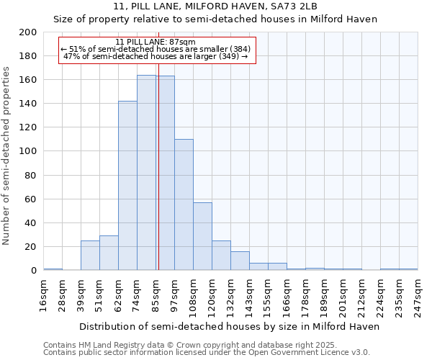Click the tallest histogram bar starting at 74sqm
(146, 173)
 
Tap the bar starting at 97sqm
(184, 204)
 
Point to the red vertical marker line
(158, 180)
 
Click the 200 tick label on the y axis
(28, 32)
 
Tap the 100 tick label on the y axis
(28, 151)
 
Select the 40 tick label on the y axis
(31, 222)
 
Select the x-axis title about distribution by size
(229, 326)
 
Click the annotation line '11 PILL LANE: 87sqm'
(155, 42)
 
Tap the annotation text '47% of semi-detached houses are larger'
(155, 56)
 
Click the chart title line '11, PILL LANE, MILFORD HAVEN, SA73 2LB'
(216, 6)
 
